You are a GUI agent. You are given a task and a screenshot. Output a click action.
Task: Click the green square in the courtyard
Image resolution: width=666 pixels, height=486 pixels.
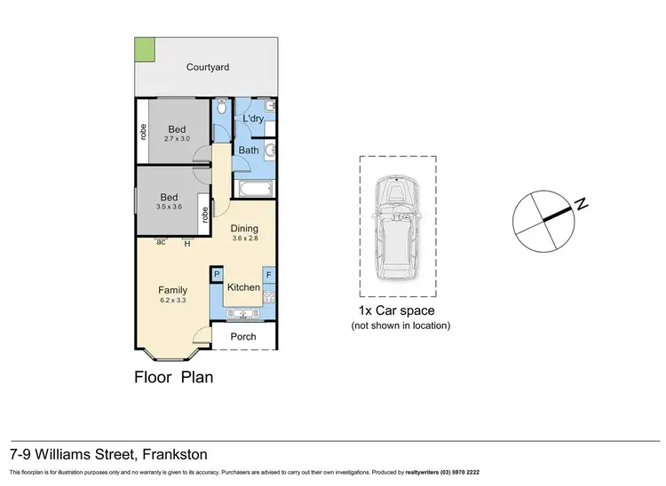[x=144, y=50]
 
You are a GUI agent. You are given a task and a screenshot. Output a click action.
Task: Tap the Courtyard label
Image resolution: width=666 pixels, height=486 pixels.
[x=208, y=67]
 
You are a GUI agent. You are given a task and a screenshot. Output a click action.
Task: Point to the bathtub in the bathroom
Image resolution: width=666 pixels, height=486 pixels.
[x=254, y=188]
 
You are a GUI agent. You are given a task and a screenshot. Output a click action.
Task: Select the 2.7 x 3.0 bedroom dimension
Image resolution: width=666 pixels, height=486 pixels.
[x=177, y=139]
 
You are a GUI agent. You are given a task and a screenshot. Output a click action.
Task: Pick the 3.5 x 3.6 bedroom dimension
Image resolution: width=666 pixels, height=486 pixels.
[x=169, y=207]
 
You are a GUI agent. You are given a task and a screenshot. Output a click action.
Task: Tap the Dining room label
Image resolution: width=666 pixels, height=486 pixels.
[x=244, y=228]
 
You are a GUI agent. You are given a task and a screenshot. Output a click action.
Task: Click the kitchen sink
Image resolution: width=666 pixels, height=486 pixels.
[x=244, y=311]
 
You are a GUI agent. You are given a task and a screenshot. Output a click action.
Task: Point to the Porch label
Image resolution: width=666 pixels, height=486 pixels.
[x=243, y=337]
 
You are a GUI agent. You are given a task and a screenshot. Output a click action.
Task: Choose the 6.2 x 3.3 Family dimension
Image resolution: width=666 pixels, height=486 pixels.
[x=172, y=301]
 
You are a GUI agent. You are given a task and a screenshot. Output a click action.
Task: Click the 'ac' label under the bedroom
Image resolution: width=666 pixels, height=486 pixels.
[x=162, y=242]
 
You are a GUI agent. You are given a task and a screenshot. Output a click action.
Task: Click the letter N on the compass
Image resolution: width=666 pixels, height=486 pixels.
[x=581, y=204]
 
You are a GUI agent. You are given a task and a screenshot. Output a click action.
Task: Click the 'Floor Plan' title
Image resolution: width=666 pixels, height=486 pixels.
[x=173, y=376]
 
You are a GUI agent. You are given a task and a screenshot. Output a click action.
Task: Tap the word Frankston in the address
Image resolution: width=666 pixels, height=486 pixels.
[x=177, y=454]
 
